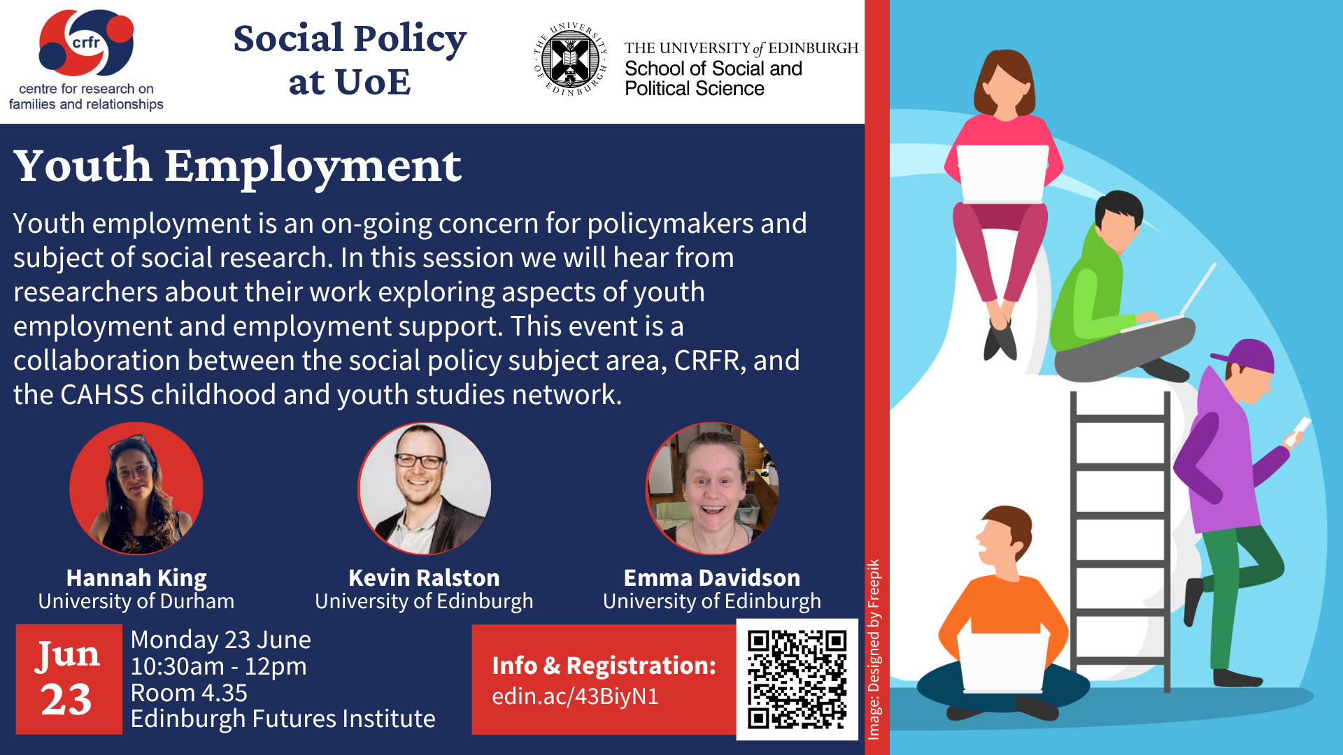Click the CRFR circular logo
[86, 43]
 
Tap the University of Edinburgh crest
[570, 59]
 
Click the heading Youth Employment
[237, 166]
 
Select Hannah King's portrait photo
[136, 488]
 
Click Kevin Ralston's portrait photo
[424, 488]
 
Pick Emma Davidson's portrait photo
[711, 488]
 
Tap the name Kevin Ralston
[424, 577]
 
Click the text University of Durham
[136, 601]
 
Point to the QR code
[797, 679]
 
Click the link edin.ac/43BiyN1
[575, 696]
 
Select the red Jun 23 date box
[69, 679]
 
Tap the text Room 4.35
[189, 693]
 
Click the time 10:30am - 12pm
[218, 666]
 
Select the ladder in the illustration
[1120, 538]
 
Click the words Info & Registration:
[604, 666]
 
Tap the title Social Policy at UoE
[350, 59]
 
